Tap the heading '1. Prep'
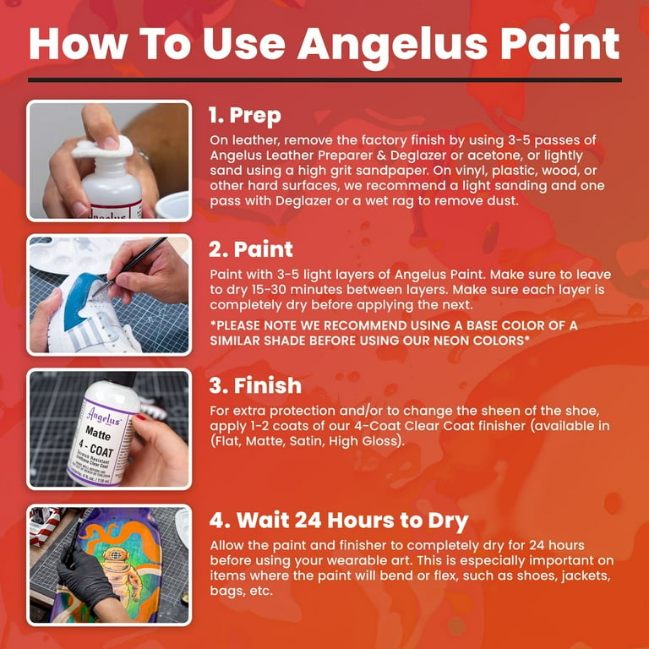point(244,115)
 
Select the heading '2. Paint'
point(251,249)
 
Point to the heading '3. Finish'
point(254,385)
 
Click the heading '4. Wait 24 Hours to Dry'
point(338,521)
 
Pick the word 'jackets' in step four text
point(581,575)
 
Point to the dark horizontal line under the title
point(324,80)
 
